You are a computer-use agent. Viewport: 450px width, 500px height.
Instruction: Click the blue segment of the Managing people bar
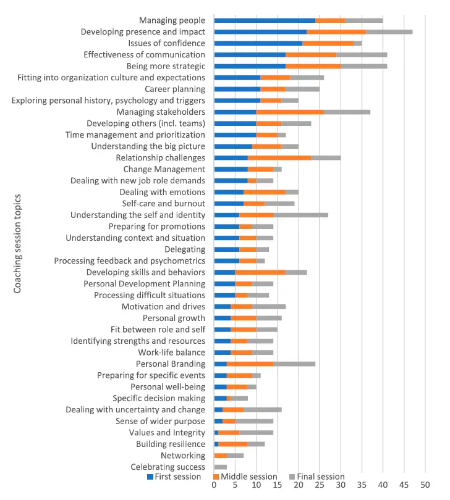click(265, 20)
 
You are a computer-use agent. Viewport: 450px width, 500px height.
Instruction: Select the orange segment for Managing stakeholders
click(290, 112)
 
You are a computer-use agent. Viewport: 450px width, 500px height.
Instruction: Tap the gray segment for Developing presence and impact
click(389, 31)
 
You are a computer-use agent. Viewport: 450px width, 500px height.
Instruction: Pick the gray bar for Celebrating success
click(221, 467)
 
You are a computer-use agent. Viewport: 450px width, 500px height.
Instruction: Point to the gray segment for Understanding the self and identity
click(300, 215)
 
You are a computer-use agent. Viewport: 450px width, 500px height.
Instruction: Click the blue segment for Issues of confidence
click(258, 43)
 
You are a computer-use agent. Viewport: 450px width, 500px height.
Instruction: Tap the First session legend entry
click(174, 477)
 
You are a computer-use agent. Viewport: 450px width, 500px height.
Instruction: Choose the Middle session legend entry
click(245, 477)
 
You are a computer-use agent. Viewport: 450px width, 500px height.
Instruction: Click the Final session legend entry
click(317, 477)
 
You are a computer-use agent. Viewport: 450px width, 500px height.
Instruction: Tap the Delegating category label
click(185, 249)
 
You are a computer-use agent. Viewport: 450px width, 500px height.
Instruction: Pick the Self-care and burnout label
click(163, 203)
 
